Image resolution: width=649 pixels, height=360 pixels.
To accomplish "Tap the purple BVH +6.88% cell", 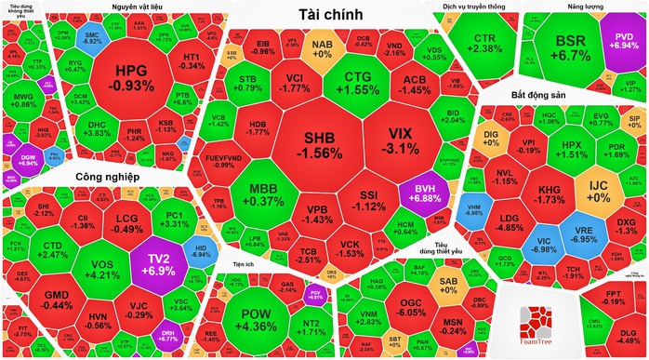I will (x=423, y=193).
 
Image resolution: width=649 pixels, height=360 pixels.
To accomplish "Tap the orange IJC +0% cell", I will (x=598, y=192).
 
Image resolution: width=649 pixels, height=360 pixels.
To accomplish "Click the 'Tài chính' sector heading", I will (x=330, y=14).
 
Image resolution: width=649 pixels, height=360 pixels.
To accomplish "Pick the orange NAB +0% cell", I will (x=323, y=48).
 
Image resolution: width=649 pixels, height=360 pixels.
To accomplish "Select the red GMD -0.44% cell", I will (x=58, y=299).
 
